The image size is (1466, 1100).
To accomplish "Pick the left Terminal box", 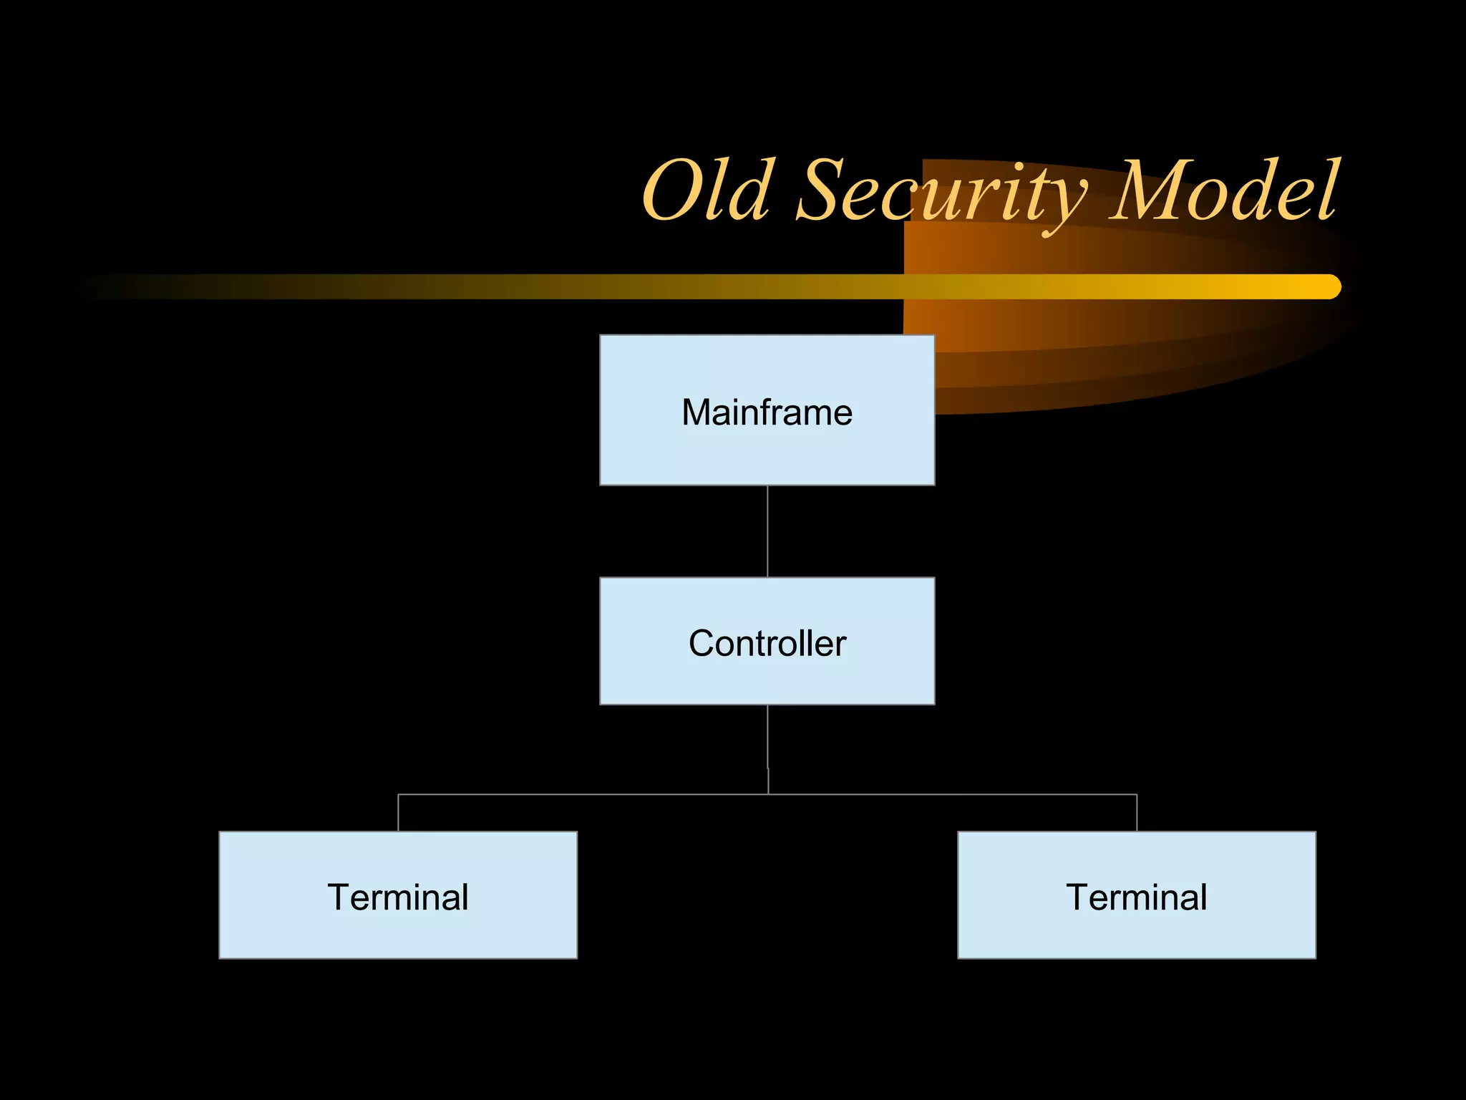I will pos(398,931).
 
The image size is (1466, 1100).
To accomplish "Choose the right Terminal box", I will pos(1137,931).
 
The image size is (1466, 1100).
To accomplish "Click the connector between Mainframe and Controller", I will pos(767,531).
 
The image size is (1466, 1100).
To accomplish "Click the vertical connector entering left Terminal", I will pos(398,813).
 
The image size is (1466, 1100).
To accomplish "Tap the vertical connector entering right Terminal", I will pos(1137,813).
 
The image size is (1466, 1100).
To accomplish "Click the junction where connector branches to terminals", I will pos(768,794).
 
